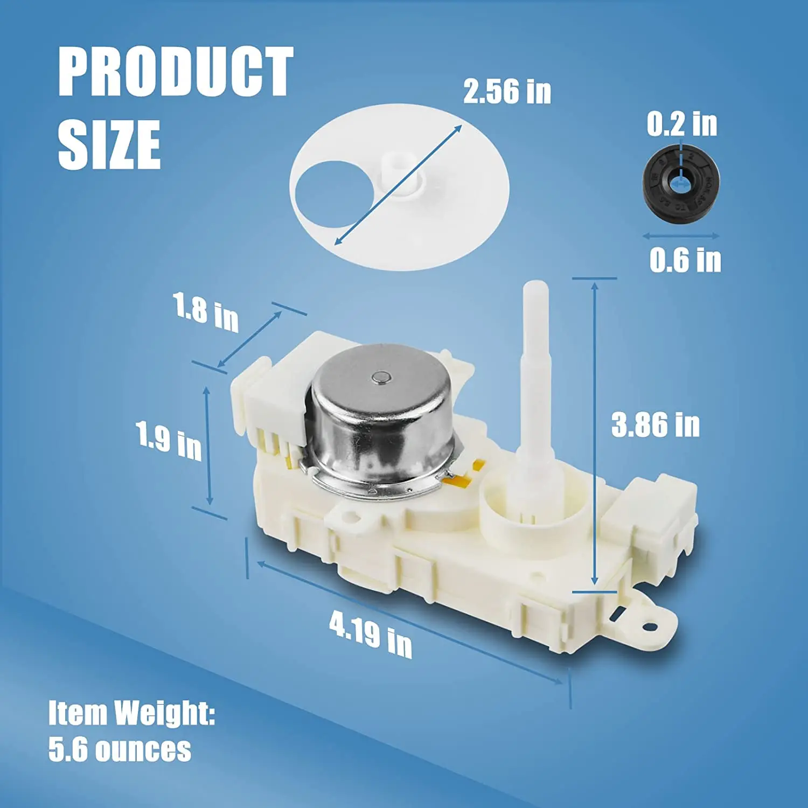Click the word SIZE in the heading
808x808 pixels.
109,144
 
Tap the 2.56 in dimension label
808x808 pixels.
507,92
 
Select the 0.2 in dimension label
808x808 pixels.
682,124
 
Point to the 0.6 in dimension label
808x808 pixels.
685,260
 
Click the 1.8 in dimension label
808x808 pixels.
206,312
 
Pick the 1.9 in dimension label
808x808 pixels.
169,441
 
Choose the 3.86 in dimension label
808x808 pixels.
655,425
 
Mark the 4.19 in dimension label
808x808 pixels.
371,634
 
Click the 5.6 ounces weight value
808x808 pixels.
120,749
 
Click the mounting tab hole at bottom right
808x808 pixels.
650,626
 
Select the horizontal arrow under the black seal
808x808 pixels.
681,236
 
